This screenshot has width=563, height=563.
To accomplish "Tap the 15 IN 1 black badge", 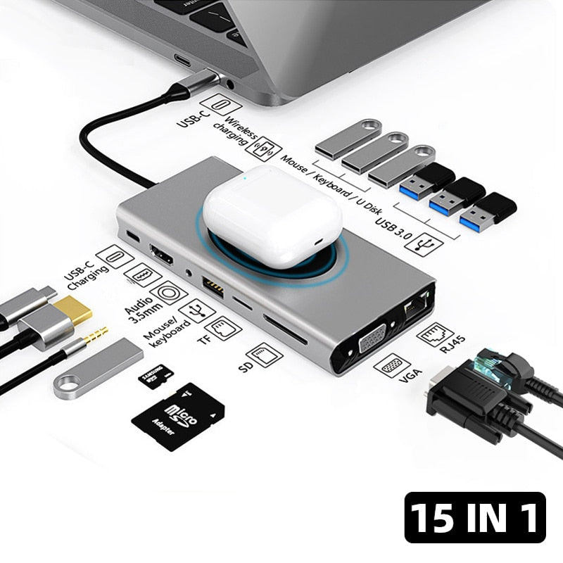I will coord(475,517).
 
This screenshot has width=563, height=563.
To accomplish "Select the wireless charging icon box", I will coord(267,150).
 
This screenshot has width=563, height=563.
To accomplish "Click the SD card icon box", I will coord(267,353).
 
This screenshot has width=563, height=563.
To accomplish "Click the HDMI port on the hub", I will coord(162,254).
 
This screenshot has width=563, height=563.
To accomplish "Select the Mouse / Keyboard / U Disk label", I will coord(331,183).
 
